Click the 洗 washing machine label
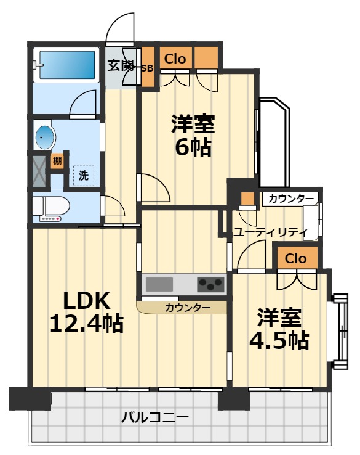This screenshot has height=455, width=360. point(83,174)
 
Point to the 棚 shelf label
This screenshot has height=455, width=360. point(57,161)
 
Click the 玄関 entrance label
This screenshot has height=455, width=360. point(121,64)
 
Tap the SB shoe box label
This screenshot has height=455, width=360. point(147,68)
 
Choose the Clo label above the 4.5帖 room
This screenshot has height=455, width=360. point(296,258)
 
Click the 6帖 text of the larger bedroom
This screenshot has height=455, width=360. point(193,149)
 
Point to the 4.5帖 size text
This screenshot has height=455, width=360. point(279,340)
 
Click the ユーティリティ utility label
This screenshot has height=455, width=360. point(270,232)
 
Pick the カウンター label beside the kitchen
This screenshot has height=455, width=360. point(187,307)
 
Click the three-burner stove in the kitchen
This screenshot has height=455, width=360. point(211,284)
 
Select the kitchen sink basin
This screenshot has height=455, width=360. point(159,284)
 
